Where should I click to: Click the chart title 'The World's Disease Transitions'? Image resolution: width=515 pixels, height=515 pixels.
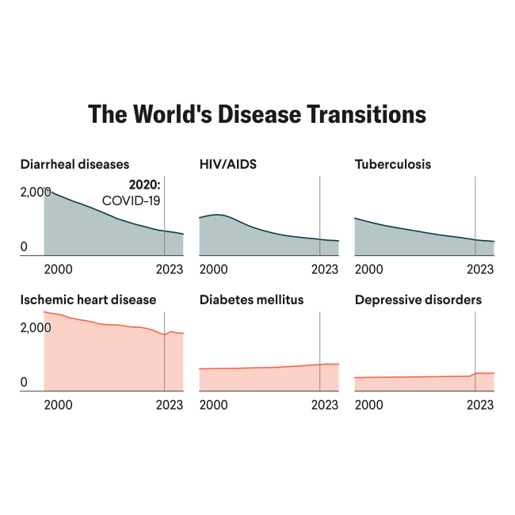(x=257, y=114)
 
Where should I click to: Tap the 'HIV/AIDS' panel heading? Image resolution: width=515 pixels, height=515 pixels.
(x=228, y=165)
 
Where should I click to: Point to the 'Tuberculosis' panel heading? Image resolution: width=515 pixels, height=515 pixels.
(x=393, y=165)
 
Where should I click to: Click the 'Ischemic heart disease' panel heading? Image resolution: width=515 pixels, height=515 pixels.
(x=88, y=300)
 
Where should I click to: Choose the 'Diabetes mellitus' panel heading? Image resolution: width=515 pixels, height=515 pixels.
(x=252, y=300)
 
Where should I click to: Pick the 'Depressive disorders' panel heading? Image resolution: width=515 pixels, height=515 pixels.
(x=418, y=300)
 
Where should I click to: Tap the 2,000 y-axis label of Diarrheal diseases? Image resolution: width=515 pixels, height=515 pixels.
(x=36, y=192)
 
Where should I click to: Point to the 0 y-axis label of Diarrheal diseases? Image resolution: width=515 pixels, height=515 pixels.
(x=24, y=247)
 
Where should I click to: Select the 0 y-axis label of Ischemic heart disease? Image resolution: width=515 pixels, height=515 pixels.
(x=24, y=383)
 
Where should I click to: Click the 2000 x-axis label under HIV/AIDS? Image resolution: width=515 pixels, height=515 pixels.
(x=214, y=269)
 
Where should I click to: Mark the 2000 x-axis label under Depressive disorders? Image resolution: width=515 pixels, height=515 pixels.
(x=369, y=405)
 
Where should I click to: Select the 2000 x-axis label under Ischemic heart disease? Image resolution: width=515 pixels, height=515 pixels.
(x=59, y=405)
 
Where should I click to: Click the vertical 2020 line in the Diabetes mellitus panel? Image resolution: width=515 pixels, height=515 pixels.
(x=319, y=341)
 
